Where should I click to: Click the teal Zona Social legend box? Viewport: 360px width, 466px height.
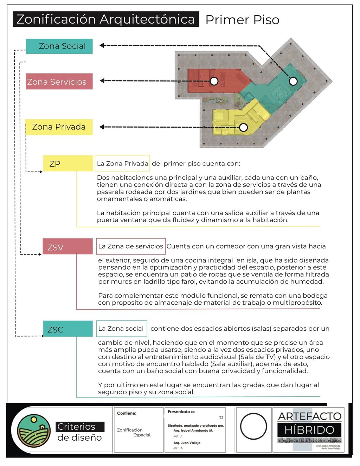[59, 46]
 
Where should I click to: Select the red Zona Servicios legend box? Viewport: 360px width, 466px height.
[59, 82]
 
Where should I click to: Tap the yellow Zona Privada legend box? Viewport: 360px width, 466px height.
[59, 127]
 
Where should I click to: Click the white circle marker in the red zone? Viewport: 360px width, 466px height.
[214, 81]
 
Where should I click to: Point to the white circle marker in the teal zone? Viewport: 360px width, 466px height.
[293, 81]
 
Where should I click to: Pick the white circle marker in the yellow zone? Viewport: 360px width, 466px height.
[243, 127]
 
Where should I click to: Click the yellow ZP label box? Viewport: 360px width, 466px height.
[68, 163]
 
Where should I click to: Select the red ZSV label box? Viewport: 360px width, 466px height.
[67, 247]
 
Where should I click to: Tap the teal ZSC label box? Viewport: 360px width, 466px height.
[67, 329]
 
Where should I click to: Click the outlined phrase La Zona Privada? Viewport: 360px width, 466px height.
[122, 163]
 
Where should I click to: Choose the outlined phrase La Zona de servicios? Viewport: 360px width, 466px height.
[131, 246]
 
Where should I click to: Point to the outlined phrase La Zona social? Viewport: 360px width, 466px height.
[121, 329]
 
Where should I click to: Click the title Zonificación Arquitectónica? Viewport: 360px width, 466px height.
[105, 19]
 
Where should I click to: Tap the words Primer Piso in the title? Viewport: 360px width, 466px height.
[242, 20]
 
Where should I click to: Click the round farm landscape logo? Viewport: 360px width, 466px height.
[34, 431]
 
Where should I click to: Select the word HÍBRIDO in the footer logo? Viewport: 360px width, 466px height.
[309, 430]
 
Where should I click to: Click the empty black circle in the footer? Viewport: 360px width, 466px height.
[253, 427]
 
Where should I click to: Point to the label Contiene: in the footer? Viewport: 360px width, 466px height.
[127, 413]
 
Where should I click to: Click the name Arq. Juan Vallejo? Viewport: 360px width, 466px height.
[187, 443]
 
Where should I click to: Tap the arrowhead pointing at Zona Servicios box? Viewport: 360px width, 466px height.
[102, 81]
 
